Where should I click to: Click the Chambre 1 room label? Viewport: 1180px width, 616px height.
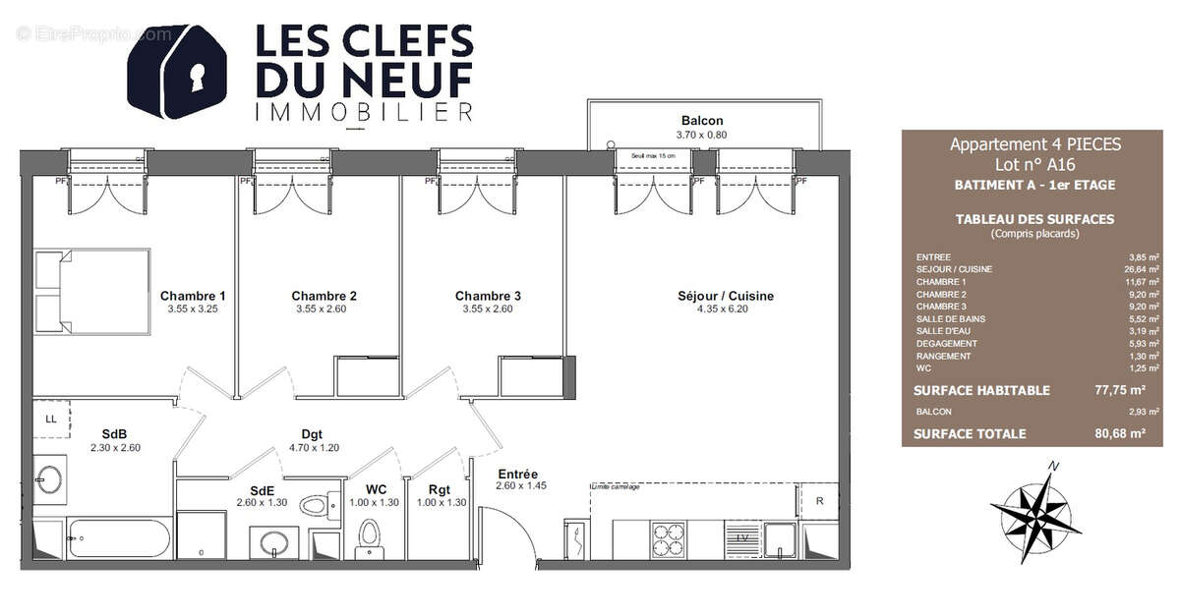193,296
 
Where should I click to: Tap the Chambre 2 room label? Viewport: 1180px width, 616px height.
324,296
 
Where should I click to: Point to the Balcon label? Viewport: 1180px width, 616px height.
701,121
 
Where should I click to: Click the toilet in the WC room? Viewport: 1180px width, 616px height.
369,536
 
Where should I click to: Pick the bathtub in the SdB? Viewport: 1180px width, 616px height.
117,538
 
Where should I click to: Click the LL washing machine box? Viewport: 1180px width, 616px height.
50,420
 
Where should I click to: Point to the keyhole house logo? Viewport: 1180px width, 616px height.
178,71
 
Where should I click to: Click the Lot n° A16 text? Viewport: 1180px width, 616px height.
1034,164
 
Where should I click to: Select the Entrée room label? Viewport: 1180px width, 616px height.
518,473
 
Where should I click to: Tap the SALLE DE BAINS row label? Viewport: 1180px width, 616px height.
951,319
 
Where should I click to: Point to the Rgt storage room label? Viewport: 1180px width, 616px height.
439,489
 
